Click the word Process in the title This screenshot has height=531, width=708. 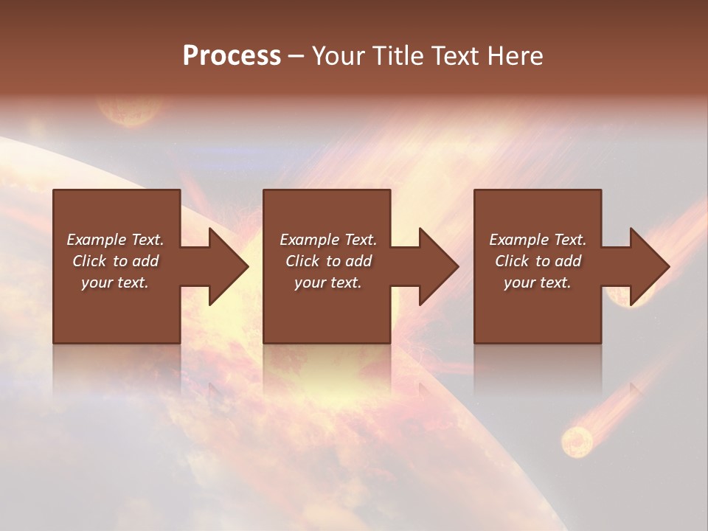tap(232, 56)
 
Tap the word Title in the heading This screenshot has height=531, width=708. tap(396, 56)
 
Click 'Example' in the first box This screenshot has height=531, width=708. tap(96, 240)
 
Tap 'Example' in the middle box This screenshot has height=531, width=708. tap(309, 240)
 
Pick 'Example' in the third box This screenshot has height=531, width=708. tap(518, 240)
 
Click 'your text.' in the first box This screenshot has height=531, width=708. tap(115, 282)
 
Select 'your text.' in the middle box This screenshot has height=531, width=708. tap(328, 282)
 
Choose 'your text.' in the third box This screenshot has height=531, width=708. tap(538, 282)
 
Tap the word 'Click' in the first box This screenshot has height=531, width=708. tap(89, 261)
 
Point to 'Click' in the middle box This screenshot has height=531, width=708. tap(302, 261)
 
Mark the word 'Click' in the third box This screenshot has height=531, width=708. tap(512, 261)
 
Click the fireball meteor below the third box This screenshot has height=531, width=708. tap(577, 440)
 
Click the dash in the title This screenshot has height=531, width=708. tap(296, 56)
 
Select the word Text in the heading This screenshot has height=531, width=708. tap(454, 56)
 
